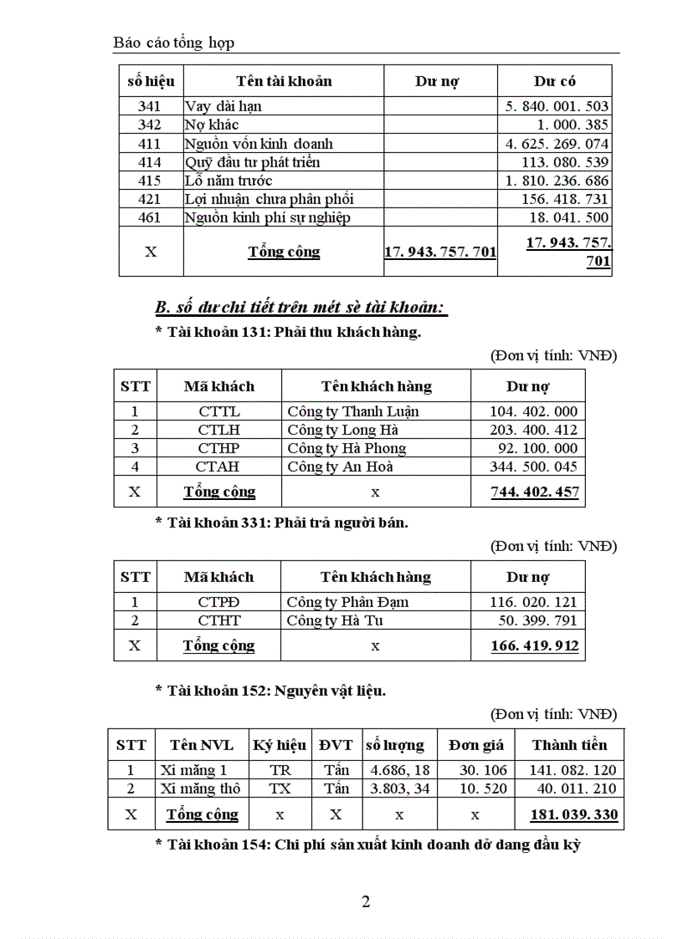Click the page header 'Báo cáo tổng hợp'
point(174,42)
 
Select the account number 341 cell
point(151,106)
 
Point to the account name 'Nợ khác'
point(212,125)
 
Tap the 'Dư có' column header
point(554,81)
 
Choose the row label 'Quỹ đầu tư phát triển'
point(252,162)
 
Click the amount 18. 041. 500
point(569,217)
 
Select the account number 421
point(151,199)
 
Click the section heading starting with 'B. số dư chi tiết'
point(301,309)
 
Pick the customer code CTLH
point(219,430)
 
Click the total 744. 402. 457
point(534,492)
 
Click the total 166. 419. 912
point(534,646)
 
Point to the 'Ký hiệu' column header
point(280,745)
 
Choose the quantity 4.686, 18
point(399,770)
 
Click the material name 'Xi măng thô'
point(200,788)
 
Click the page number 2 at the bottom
point(365,901)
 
